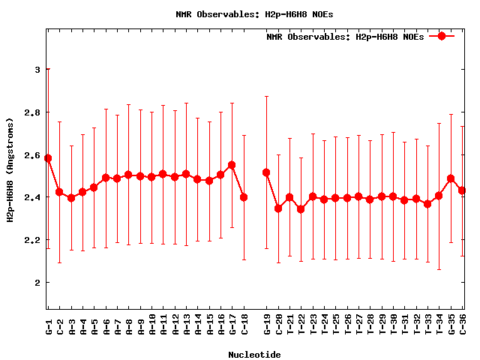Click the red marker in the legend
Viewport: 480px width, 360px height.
click(x=442, y=36)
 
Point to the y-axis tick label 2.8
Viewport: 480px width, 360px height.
click(x=31, y=112)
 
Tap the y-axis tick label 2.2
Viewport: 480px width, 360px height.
click(x=31, y=240)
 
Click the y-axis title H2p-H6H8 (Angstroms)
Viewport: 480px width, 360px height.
click(x=10, y=170)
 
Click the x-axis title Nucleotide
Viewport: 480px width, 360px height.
click(x=254, y=355)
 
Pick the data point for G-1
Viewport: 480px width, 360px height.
click(x=48, y=158)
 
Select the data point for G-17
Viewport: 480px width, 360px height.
click(x=232, y=165)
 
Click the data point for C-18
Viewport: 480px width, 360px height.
click(x=244, y=197)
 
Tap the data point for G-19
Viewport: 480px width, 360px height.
click(x=266, y=172)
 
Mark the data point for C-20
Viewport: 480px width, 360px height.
click(x=278, y=208)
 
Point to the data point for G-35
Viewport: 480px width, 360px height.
click(x=451, y=178)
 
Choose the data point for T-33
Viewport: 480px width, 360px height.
click(x=427, y=204)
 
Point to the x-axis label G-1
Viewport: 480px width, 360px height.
click(x=48, y=323)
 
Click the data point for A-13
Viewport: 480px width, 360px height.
click(x=186, y=174)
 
